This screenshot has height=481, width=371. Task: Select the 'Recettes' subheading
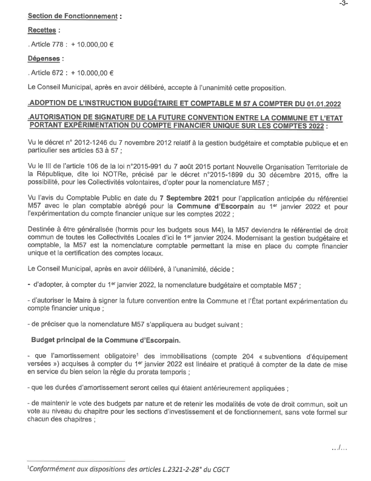click(44, 30)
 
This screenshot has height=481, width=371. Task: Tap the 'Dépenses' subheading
click(46, 59)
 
